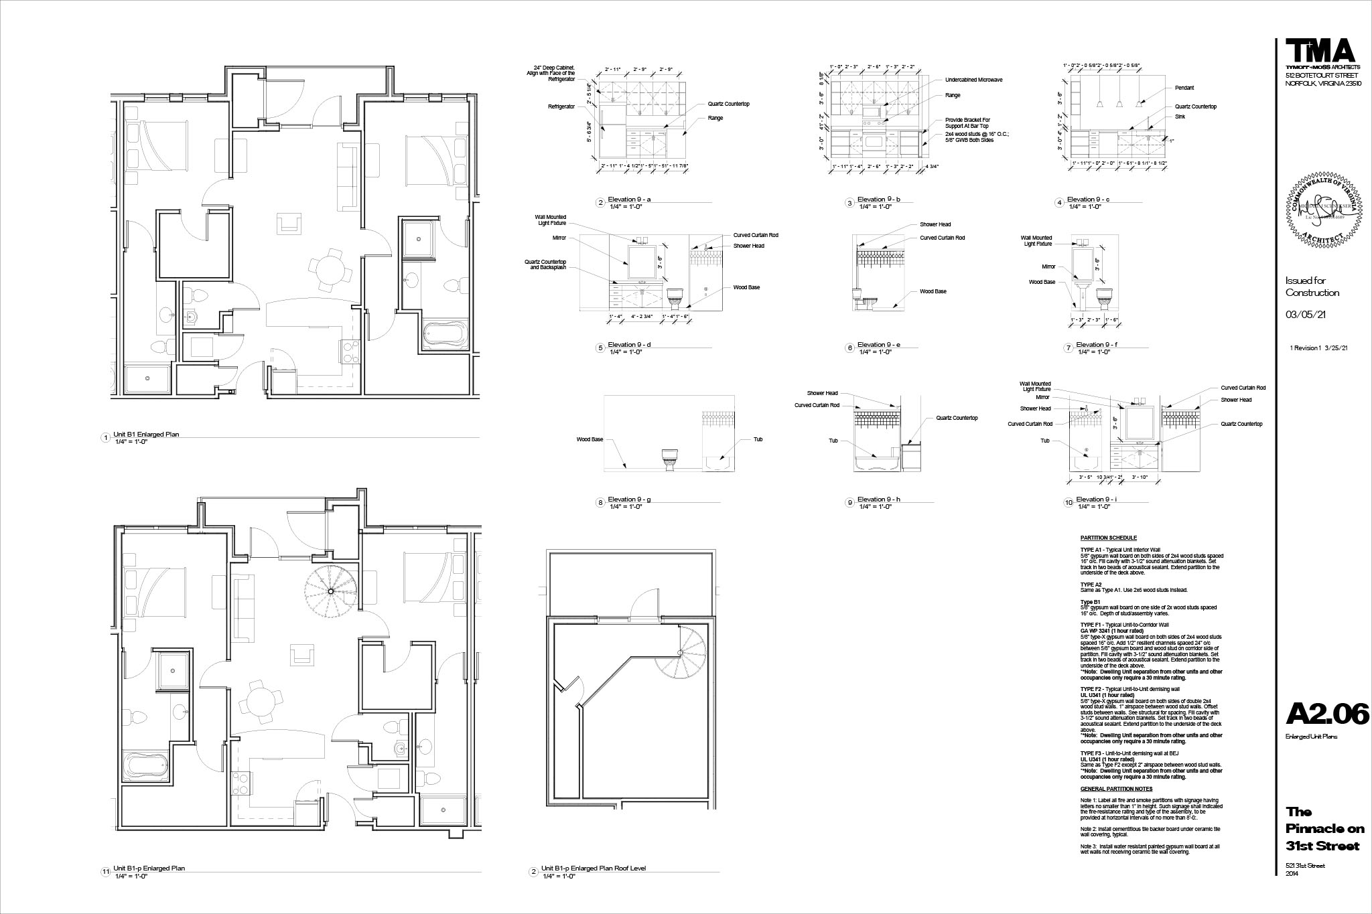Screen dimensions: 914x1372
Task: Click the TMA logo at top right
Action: tap(1320, 52)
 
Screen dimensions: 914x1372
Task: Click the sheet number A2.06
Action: tap(1326, 714)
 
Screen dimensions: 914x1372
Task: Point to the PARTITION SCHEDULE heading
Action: tap(1108, 538)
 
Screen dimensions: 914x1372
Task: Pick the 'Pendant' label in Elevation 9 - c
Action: tap(1184, 88)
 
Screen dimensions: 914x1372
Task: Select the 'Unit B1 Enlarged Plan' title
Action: tap(146, 435)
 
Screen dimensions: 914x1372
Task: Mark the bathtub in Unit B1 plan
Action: tap(446, 334)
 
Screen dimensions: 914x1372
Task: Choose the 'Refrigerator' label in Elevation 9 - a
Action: tap(561, 106)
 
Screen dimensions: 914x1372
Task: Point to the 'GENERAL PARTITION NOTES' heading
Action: tap(1116, 789)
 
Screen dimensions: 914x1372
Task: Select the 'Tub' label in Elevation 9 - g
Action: tap(758, 439)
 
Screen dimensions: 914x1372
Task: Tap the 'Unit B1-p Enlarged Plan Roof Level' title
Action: tap(593, 868)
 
